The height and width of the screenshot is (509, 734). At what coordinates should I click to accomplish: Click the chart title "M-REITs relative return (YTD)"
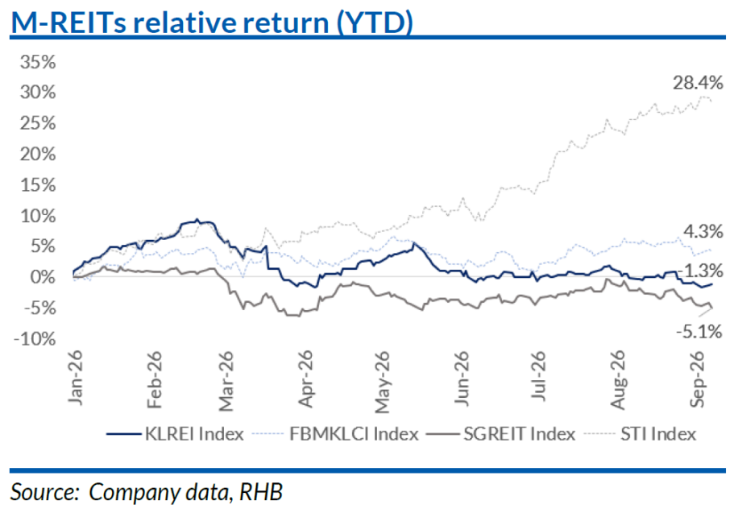pyautogui.click(x=212, y=22)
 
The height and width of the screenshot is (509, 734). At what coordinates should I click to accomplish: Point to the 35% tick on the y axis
pyautogui.click(x=38, y=62)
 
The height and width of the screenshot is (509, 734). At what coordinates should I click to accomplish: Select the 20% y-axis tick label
pyautogui.click(x=38, y=154)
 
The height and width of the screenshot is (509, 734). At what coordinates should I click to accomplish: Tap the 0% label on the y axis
pyautogui.click(x=43, y=277)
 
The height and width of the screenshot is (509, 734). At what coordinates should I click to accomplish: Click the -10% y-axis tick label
pyautogui.click(x=35, y=339)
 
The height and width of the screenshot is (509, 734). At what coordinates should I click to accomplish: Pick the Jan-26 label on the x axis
pyautogui.click(x=76, y=378)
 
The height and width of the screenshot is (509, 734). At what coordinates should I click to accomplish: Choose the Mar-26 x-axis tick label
pyautogui.click(x=226, y=381)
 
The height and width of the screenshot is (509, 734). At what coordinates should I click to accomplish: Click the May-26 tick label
pyautogui.click(x=383, y=383)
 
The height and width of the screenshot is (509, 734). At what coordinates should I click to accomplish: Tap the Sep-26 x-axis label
pyautogui.click(x=697, y=379)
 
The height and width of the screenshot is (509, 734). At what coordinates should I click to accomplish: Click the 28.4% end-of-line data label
pyautogui.click(x=698, y=83)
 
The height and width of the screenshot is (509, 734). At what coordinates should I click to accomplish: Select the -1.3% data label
pyautogui.click(x=701, y=271)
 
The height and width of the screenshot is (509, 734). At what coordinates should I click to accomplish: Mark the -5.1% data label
pyautogui.click(x=699, y=332)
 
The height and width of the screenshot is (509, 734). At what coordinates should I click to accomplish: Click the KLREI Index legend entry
pyautogui.click(x=175, y=434)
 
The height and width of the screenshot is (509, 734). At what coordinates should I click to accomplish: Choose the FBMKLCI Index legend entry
pyautogui.click(x=335, y=434)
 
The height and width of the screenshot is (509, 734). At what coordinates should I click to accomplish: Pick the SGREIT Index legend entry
pyautogui.click(x=501, y=434)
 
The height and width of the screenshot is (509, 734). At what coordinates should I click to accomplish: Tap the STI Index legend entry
pyautogui.click(x=641, y=434)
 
